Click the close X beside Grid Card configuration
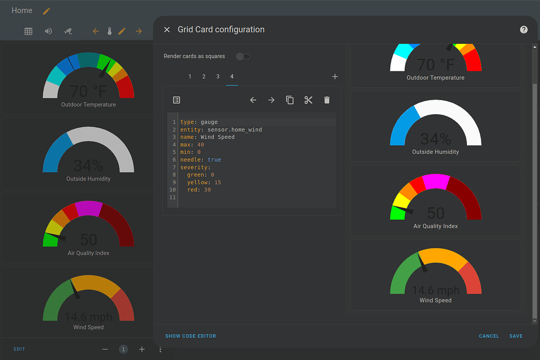point(167,30)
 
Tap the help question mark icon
point(524,30)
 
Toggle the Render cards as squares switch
point(243,56)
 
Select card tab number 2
point(204,77)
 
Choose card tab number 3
point(218,77)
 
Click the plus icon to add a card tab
point(335,77)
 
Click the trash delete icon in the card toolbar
point(327,100)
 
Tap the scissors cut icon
point(308,100)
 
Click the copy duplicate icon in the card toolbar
point(290,100)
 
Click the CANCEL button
point(489,336)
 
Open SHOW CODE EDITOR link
point(190,336)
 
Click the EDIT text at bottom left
point(19,349)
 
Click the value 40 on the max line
point(201,145)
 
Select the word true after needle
point(214,160)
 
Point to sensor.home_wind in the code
point(235,129)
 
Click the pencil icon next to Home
point(46,11)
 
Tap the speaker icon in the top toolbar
point(49,31)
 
